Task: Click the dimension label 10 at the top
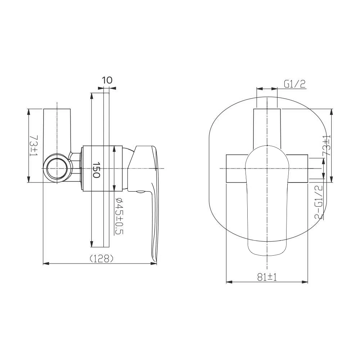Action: point(107,80)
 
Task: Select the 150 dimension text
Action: point(96,170)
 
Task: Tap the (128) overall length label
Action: point(101,259)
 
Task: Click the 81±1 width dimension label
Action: point(267,277)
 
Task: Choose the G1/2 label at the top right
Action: point(295,84)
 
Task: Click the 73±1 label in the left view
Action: point(33,145)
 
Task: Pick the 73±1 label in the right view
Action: point(327,145)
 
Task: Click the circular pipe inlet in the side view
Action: point(57,168)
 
